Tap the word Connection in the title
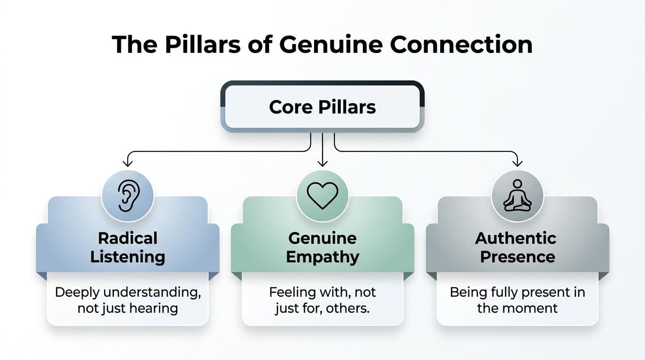[x=461, y=45]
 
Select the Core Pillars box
[x=322, y=107]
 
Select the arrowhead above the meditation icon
[x=517, y=162]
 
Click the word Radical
[x=127, y=238]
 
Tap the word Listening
[x=127, y=257]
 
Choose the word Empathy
[x=322, y=257]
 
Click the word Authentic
[x=516, y=238]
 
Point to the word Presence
[x=517, y=257]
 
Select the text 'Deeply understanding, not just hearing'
[x=127, y=300]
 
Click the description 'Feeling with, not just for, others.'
[x=322, y=300]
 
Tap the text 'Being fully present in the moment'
[x=517, y=300]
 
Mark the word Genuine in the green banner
[x=322, y=238]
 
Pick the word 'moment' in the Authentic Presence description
[x=533, y=308]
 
